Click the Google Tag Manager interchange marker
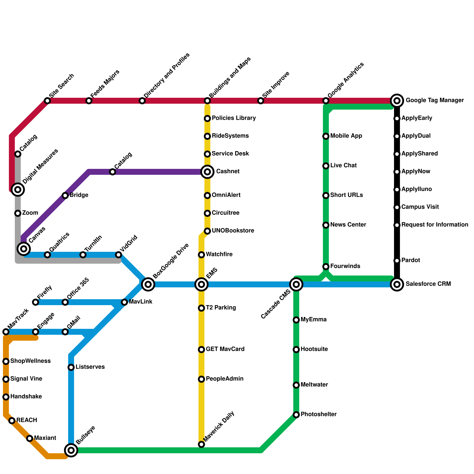(397, 101)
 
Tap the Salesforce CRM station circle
(397, 284)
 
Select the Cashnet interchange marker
(207, 172)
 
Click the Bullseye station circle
(71, 450)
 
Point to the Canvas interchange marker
(24, 249)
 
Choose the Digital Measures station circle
(18, 189)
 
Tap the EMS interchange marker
(201, 284)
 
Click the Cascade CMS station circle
(296, 284)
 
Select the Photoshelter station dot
(296, 415)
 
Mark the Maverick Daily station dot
(201, 444)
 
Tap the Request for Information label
(435, 225)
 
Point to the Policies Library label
(234, 118)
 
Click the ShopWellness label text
(30, 361)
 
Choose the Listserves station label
(90, 367)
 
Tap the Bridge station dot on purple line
(65, 196)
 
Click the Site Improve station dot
(261, 101)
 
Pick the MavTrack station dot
(6, 332)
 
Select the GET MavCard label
(225, 349)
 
